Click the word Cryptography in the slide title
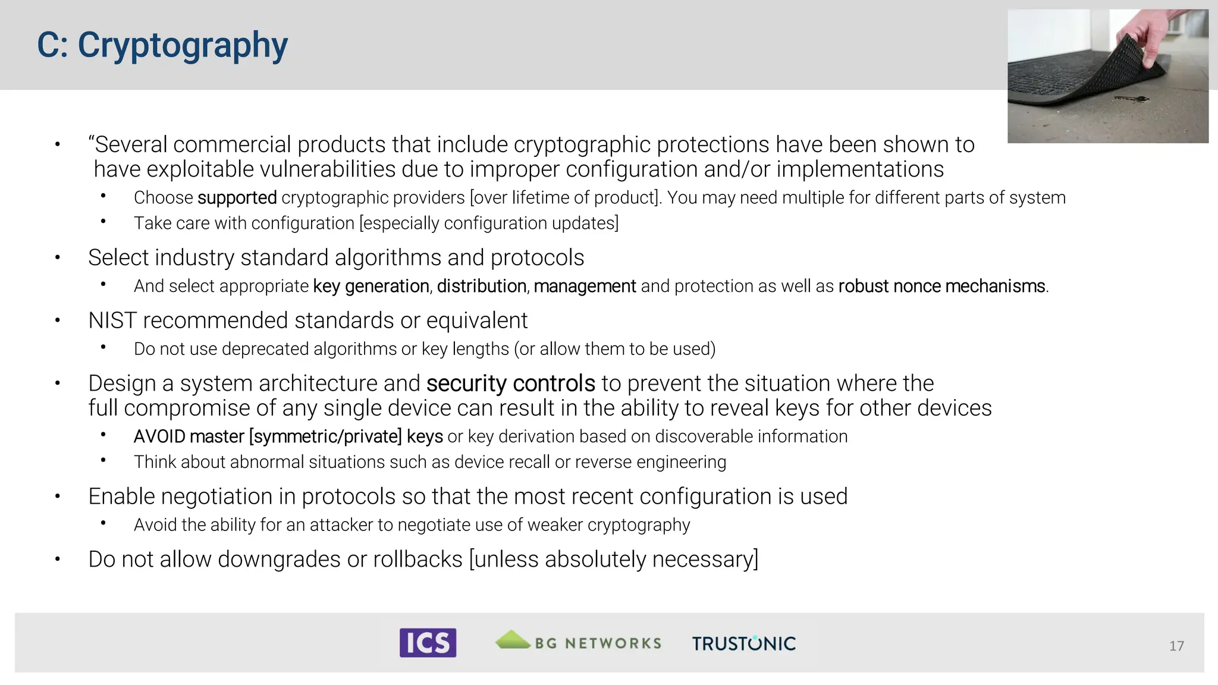coord(183,46)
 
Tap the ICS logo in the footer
coord(428,643)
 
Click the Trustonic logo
coord(743,643)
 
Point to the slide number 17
coord(1176,646)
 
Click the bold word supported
coord(237,197)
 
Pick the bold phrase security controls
coord(510,384)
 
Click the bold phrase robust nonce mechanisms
coord(941,286)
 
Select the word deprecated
coord(265,349)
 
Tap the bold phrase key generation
coord(371,287)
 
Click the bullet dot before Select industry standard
coord(58,257)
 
